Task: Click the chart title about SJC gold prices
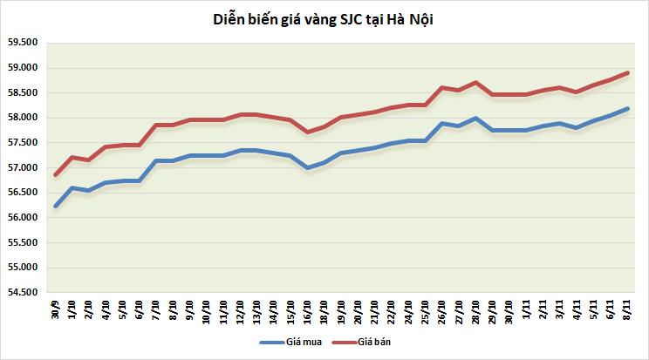click(324, 19)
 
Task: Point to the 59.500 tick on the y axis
click(24, 43)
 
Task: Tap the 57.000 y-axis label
click(24, 167)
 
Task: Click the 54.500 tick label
click(24, 292)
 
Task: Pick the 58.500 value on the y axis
click(24, 92)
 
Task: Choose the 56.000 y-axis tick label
click(24, 217)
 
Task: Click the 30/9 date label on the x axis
click(55, 310)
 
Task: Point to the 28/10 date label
click(475, 312)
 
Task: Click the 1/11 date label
click(526, 310)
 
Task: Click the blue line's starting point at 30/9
click(55, 207)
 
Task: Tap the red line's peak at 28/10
click(475, 83)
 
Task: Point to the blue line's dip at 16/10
click(307, 167)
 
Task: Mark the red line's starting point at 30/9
click(55, 175)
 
